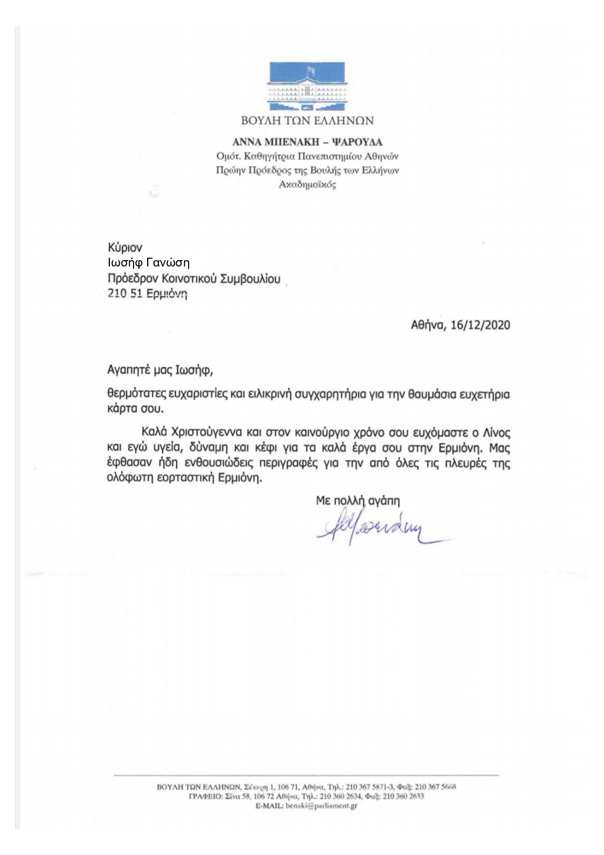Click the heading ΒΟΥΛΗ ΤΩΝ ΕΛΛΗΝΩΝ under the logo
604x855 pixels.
coord(307,120)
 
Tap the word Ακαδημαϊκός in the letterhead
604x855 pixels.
coord(307,185)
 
